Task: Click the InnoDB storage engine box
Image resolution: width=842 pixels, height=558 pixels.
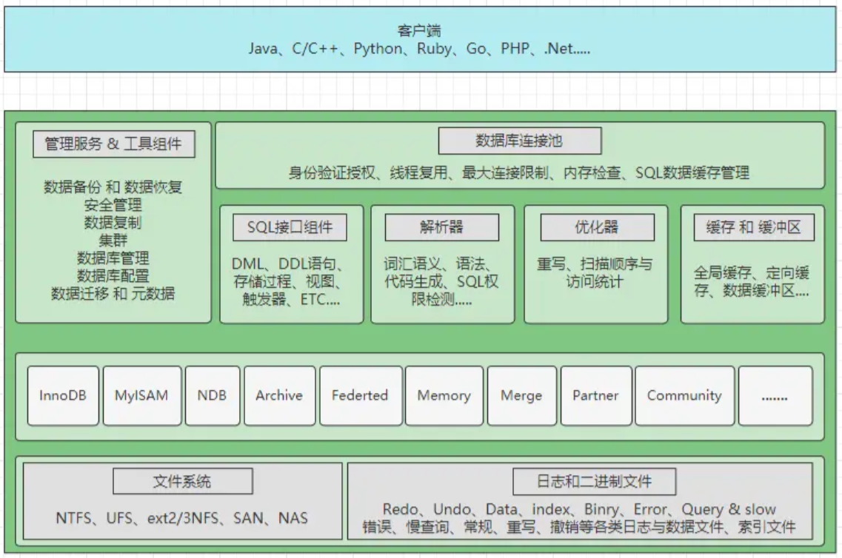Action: pyautogui.click(x=63, y=395)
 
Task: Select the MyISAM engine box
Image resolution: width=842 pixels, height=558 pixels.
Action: pyautogui.click(x=141, y=395)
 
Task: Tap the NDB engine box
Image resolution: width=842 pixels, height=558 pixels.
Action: pyautogui.click(x=212, y=395)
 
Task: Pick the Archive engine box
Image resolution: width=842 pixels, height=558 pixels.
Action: pyautogui.click(x=279, y=395)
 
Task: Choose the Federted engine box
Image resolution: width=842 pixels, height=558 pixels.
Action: pyautogui.click(x=359, y=395)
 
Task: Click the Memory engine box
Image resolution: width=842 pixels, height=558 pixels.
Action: pyautogui.click(x=444, y=395)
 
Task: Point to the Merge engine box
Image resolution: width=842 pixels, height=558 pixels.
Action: pyautogui.click(x=521, y=395)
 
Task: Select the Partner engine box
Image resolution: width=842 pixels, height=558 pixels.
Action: pyautogui.click(x=595, y=395)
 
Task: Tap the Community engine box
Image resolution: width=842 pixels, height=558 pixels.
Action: pyautogui.click(x=684, y=395)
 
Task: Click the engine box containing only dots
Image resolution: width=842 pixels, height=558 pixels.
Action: pyautogui.click(x=774, y=396)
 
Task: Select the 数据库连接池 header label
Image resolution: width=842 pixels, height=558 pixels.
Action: pyautogui.click(x=519, y=141)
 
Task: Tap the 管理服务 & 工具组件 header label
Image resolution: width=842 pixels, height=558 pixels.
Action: pyautogui.click(x=113, y=144)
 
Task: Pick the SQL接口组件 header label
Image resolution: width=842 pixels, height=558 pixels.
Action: pyautogui.click(x=291, y=228)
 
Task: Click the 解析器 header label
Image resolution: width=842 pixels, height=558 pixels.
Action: pyautogui.click(x=441, y=227)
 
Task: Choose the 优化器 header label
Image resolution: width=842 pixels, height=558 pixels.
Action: pyautogui.click(x=597, y=227)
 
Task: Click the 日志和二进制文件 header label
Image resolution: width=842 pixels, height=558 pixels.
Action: pyautogui.click(x=594, y=483)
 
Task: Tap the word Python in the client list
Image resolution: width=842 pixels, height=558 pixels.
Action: pyautogui.click(x=379, y=50)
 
